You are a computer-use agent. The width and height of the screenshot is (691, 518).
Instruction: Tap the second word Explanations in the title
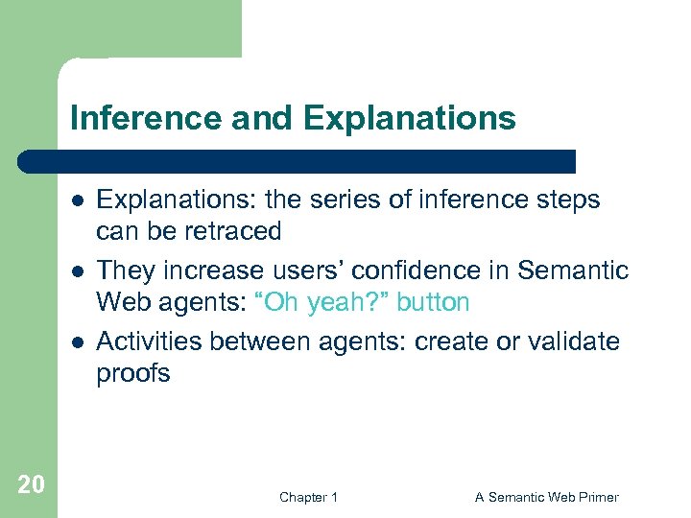(x=410, y=119)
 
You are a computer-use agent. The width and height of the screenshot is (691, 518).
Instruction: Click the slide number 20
(x=31, y=484)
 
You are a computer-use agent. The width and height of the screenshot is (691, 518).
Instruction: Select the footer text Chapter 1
(x=308, y=497)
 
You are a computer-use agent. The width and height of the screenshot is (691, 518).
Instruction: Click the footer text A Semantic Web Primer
(x=546, y=497)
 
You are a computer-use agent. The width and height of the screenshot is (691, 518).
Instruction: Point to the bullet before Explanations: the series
(x=74, y=200)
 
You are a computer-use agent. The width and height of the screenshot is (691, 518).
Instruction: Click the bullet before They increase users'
(x=74, y=271)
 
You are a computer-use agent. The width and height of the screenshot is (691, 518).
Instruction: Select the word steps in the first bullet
(x=565, y=200)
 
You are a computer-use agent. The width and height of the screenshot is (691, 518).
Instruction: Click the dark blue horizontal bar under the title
(x=298, y=161)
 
